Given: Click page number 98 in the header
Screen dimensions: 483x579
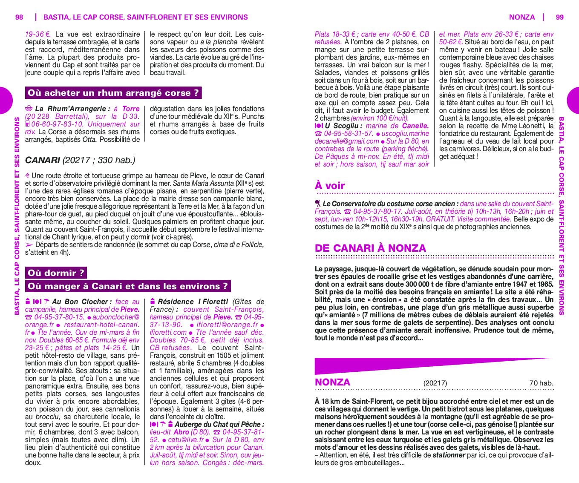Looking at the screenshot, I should (x=19, y=17).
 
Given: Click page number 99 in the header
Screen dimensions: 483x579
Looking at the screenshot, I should (x=560, y=17).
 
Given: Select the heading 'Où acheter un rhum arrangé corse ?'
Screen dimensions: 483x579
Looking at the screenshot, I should (x=113, y=93).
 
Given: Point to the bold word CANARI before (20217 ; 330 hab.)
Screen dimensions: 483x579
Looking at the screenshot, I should (x=43, y=160).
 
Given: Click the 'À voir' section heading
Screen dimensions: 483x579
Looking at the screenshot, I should (x=330, y=185).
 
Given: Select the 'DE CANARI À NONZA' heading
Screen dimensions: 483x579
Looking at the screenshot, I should (x=370, y=248).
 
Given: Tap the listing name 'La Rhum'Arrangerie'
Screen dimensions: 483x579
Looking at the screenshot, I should (x=72, y=109).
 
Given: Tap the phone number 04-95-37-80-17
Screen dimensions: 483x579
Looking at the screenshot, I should (x=377, y=211).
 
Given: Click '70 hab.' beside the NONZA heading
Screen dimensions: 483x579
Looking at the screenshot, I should (x=541, y=383).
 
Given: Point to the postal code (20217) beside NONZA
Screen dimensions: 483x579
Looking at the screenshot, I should (x=435, y=383).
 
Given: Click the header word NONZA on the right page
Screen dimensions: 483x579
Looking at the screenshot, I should (x=521, y=17).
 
